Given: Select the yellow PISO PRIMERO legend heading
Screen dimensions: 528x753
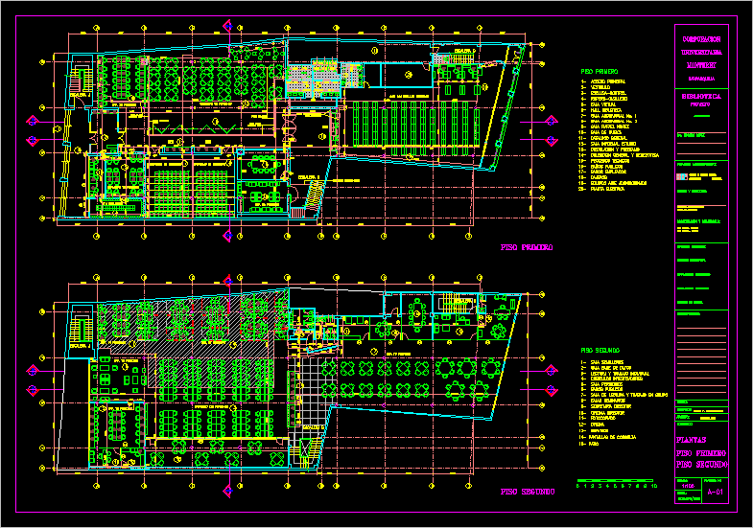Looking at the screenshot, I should coord(600,71).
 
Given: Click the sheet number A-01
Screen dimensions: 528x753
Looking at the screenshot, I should coord(714,493).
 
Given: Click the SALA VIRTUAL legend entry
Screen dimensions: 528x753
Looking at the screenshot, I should coord(605,104).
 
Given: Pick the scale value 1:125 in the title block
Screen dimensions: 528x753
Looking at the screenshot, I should coord(685,487).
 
